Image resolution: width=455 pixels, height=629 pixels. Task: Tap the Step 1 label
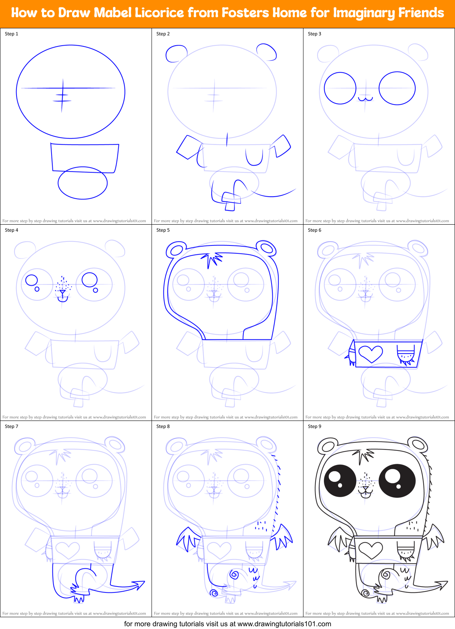[x=11, y=34]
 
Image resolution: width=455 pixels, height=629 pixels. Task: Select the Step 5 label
[x=163, y=230]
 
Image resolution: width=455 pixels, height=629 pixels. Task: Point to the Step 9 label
[x=314, y=426]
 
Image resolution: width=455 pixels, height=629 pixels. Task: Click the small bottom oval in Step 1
[x=83, y=183]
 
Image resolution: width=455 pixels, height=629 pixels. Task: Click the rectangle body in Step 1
[x=85, y=157]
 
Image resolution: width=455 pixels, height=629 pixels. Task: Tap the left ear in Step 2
[x=176, y=53]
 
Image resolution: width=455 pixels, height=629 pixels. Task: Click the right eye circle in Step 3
[x=397, y=88]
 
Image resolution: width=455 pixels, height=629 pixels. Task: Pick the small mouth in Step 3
[x=365, y=98]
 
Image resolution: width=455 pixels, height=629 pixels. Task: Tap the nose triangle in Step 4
[x=62, y=292]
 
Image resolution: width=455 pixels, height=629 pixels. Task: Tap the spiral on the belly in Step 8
[x=235, y=575]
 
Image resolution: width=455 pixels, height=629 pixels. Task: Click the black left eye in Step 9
[x=340, y=481]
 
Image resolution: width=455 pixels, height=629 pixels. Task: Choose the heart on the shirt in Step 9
[x=370, y=550]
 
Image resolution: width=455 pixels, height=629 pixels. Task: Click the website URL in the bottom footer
[x=284, y=624]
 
